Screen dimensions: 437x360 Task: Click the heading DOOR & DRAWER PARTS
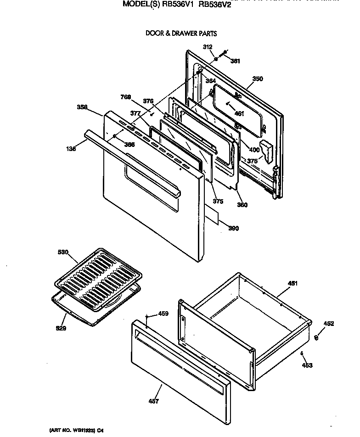(181, 34)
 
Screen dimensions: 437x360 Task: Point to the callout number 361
(235, 61)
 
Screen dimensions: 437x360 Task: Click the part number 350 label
(258, 79)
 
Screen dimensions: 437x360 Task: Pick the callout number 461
(239, 113)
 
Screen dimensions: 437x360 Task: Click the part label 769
(126, 97)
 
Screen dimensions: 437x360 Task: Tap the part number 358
(83, 107)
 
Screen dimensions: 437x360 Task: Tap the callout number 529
(61, 328)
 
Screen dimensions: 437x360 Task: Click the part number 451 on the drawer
(292, 283)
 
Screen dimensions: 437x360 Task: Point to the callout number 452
(328, 324)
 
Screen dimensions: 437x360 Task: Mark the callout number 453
(307, 365)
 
